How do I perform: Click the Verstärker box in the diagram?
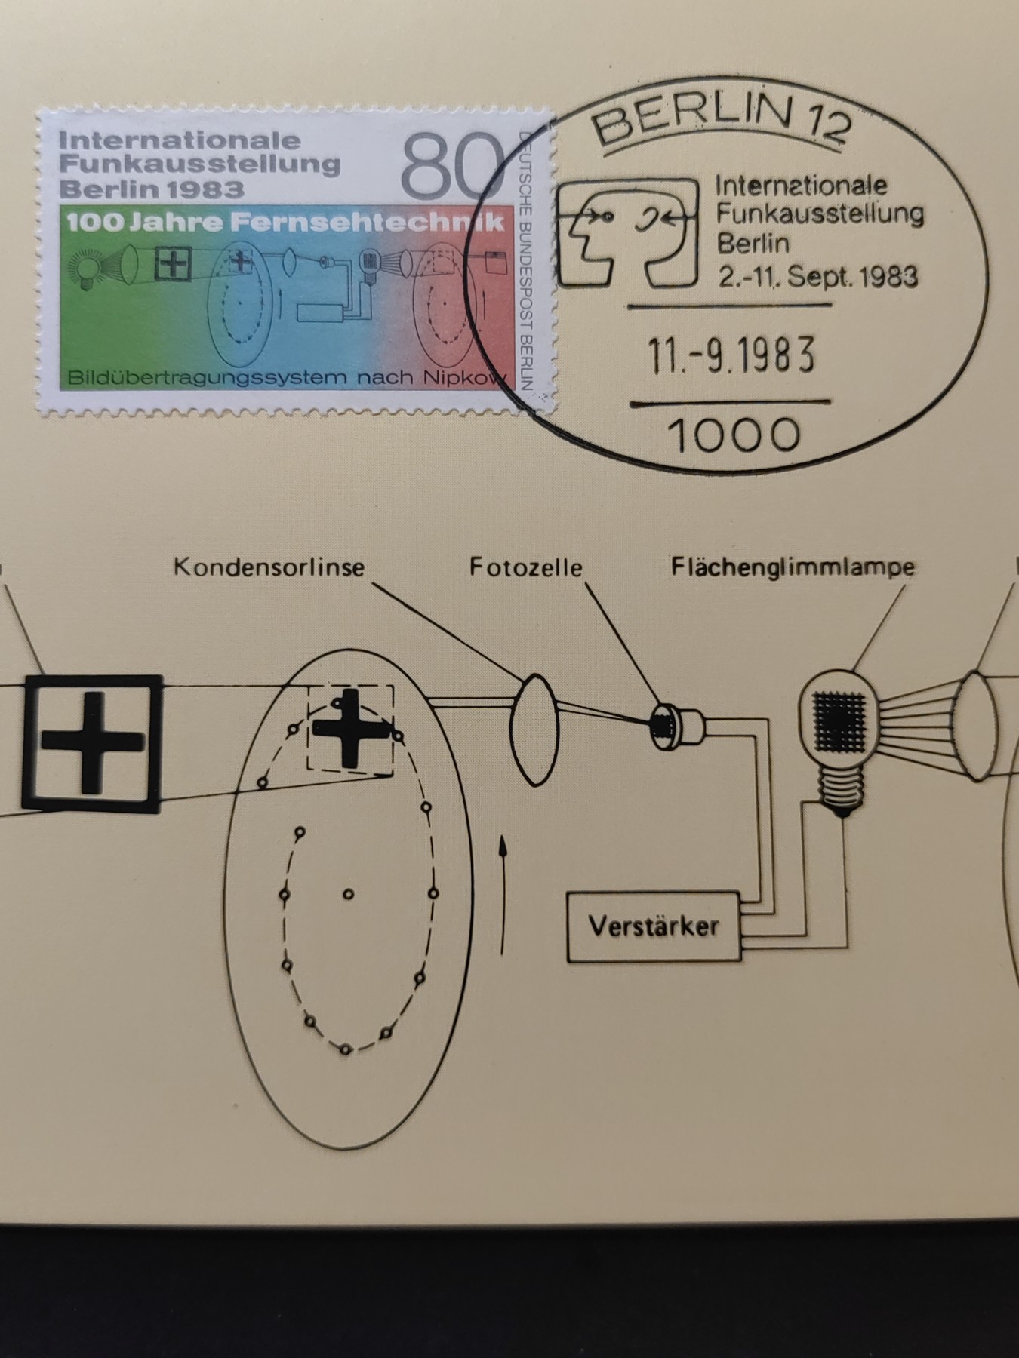tap(654, 926)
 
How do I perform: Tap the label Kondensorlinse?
tap(269, 567)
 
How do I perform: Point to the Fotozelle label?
tap(526, 567)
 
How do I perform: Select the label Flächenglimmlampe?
tap(793, 567)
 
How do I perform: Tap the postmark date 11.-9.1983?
tap(732, 355)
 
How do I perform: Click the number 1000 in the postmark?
tap(734, 435)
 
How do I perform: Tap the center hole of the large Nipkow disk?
tap(348, 894)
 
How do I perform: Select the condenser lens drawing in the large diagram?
tap(534, 730)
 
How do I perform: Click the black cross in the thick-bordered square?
tap(93, 742)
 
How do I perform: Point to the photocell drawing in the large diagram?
tap(678, 726)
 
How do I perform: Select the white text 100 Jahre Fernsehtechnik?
tap(285, 223)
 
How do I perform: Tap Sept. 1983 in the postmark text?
tap(852, 277)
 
